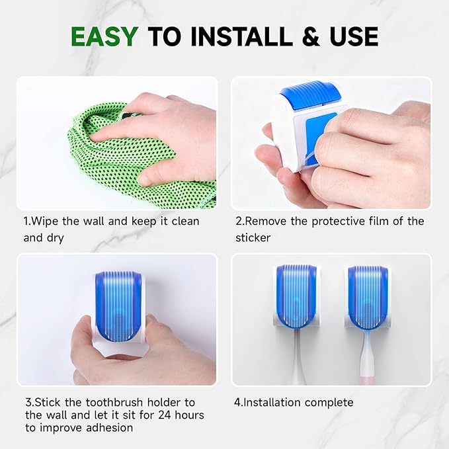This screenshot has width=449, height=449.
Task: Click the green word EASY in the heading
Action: pyautogui.click(x=105, y=36)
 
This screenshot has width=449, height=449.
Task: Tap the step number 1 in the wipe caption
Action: pyautogui.click(x=27, y=221)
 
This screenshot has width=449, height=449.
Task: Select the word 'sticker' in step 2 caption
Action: pyautogui.click(x=253, y=237)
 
